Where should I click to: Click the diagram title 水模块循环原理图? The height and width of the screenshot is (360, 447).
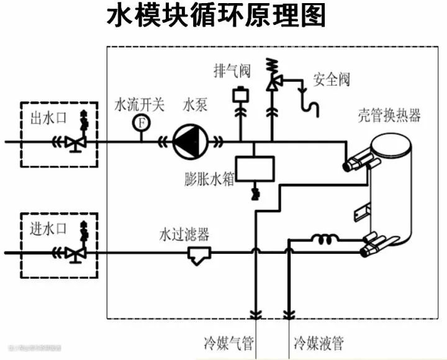coord(217,17)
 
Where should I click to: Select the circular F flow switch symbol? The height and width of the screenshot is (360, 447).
coord(141,122)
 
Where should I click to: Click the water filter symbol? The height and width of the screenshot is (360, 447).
coord(199,254)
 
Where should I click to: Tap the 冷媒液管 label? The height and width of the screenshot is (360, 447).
coord(318,342)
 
